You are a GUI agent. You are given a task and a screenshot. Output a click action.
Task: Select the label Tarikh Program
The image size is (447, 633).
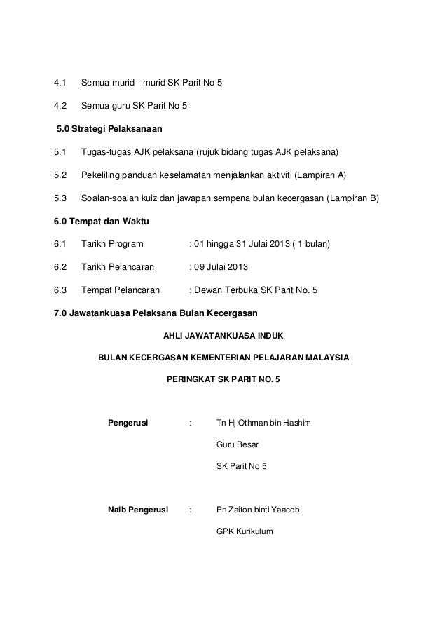point(112,244)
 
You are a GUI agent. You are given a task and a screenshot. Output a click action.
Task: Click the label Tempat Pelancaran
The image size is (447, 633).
point(120,290)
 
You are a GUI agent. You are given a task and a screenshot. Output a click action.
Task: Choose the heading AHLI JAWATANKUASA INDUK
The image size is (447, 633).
point(223,334)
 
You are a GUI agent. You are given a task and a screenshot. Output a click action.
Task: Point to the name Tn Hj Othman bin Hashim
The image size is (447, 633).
point(264,424)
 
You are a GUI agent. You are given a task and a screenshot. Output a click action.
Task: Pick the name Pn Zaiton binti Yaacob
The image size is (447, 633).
point(259,510)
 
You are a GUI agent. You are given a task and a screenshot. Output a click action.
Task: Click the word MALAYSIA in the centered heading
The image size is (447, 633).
point(326,357)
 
